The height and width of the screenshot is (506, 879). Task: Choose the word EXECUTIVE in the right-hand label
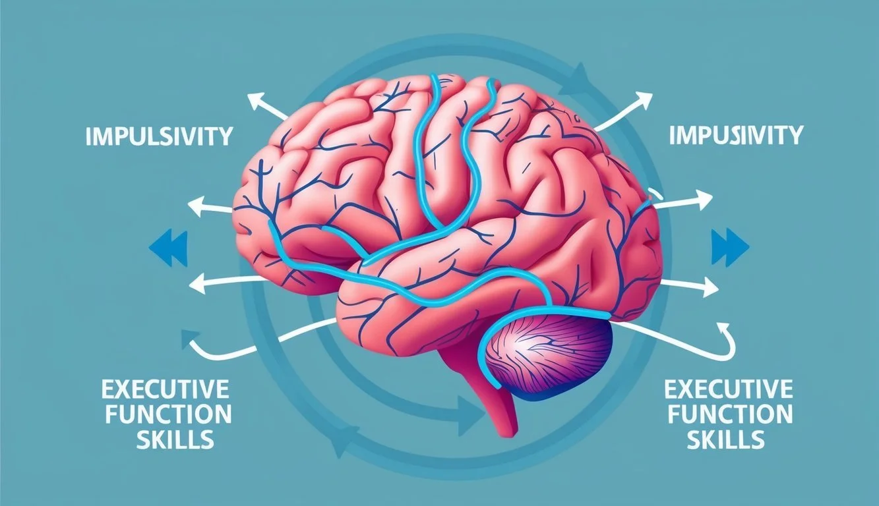(x=729, y=390)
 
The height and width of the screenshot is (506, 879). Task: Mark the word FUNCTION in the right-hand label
(x=729, y=414)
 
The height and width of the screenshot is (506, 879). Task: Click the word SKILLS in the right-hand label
(x=729, y=439)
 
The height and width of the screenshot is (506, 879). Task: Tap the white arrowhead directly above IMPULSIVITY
(x=255, y=101)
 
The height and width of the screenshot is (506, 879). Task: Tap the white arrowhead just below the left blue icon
(x=196, y=284)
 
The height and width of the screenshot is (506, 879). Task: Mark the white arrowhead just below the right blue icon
(x=710, y=287)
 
